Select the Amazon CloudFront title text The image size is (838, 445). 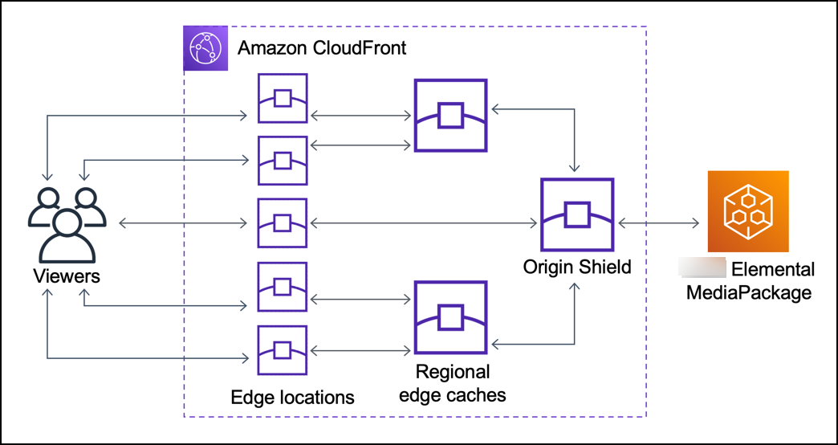(322, 47)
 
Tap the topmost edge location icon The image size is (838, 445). (282, 98)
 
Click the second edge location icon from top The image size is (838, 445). (282, 160)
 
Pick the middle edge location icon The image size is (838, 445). (282, 222)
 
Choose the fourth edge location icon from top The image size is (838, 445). (282, 286)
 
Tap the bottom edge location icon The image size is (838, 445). (282, 349)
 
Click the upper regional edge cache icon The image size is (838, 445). (450, 116)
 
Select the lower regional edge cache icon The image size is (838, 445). (450, 317)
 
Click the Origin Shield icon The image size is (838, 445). (577, 214)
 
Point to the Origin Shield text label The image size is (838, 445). (577, 267)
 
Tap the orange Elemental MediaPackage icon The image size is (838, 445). (748, 211)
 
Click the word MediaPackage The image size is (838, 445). (748, 292)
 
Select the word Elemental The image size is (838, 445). (773, 270)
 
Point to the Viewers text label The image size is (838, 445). (67, 276)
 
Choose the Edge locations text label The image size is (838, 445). (292, 397)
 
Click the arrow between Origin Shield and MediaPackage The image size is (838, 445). (656, 222)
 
